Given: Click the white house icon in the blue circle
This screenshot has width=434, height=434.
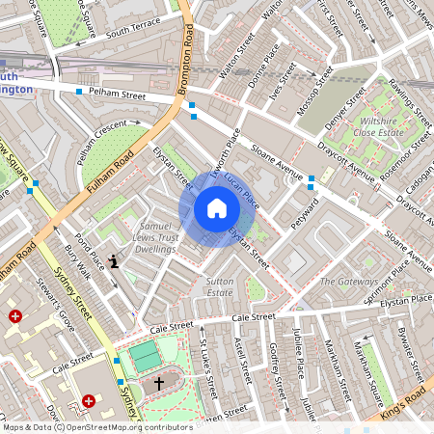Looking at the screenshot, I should point(217,207).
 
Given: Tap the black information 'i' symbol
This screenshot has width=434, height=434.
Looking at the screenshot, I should point(115,259).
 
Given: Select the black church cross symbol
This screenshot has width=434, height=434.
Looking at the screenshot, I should point(159,384).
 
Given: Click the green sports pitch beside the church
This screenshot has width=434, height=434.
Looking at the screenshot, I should point(146,356).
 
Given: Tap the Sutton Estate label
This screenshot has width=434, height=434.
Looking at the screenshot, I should point(220,285).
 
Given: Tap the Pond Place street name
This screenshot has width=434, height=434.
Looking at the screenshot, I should point(88,247).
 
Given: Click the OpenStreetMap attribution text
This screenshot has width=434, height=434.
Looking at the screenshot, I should point(96,426).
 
